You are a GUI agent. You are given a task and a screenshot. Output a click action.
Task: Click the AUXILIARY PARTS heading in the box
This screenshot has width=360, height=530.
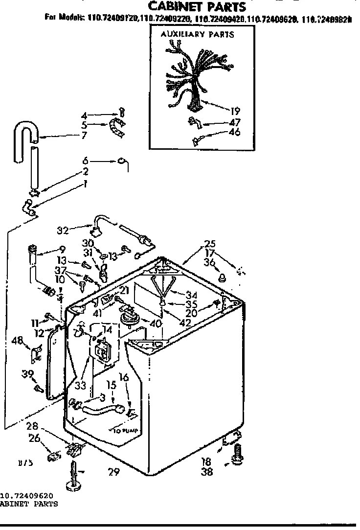tap(198, 34)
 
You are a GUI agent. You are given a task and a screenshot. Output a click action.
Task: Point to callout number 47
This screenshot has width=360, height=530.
tap(235, 122)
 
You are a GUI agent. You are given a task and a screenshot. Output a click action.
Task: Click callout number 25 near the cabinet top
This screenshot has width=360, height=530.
tap(210, 244)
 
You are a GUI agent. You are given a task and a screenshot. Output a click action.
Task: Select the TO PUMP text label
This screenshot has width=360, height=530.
tap(125, 431)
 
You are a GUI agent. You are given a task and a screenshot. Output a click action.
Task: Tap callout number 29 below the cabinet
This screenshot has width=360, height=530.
tap(113, 472)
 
